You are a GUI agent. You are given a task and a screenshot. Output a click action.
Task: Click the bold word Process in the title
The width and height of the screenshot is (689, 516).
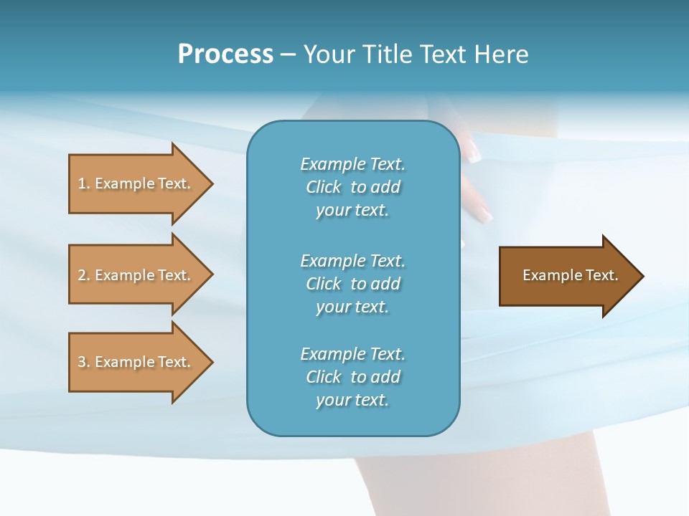tap(225, 54)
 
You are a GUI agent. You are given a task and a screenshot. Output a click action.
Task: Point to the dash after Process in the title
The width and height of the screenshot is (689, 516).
tap(288, 55)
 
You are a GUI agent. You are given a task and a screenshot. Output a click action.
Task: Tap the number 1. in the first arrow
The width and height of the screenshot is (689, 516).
tap(84, 183)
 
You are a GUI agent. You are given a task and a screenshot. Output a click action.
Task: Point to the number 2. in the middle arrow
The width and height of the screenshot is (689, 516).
tap(84, 275)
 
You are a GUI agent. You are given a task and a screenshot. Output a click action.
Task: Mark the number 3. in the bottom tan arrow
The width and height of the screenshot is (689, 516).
tap(84, 362)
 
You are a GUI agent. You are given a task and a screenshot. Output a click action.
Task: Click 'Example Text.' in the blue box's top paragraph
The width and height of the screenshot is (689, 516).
tap(352, 164)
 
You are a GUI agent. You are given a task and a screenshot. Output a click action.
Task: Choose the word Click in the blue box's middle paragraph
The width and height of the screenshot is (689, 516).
tap(323, 284)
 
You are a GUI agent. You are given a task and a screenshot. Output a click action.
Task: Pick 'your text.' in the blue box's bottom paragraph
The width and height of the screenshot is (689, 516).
tap(352, 400)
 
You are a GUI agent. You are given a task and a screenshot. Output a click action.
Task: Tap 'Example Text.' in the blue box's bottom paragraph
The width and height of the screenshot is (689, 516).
tap(352, 354)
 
